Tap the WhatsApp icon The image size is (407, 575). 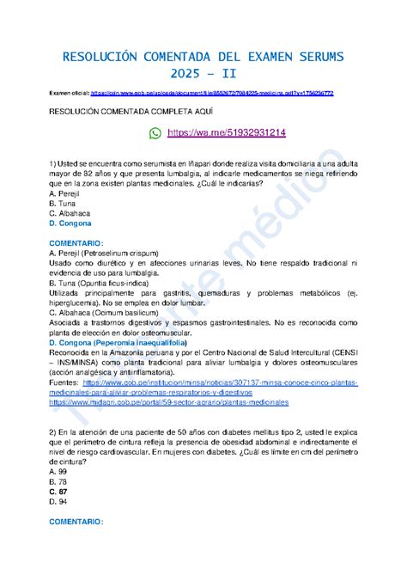[x=155, y=133]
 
